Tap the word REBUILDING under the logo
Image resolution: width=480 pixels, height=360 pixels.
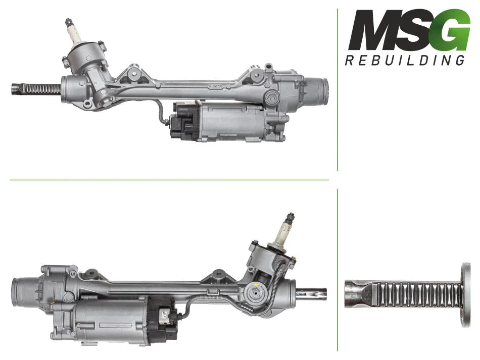405,61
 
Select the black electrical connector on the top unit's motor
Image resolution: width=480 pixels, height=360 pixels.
184,121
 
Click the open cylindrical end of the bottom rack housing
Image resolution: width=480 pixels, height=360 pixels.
23,292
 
